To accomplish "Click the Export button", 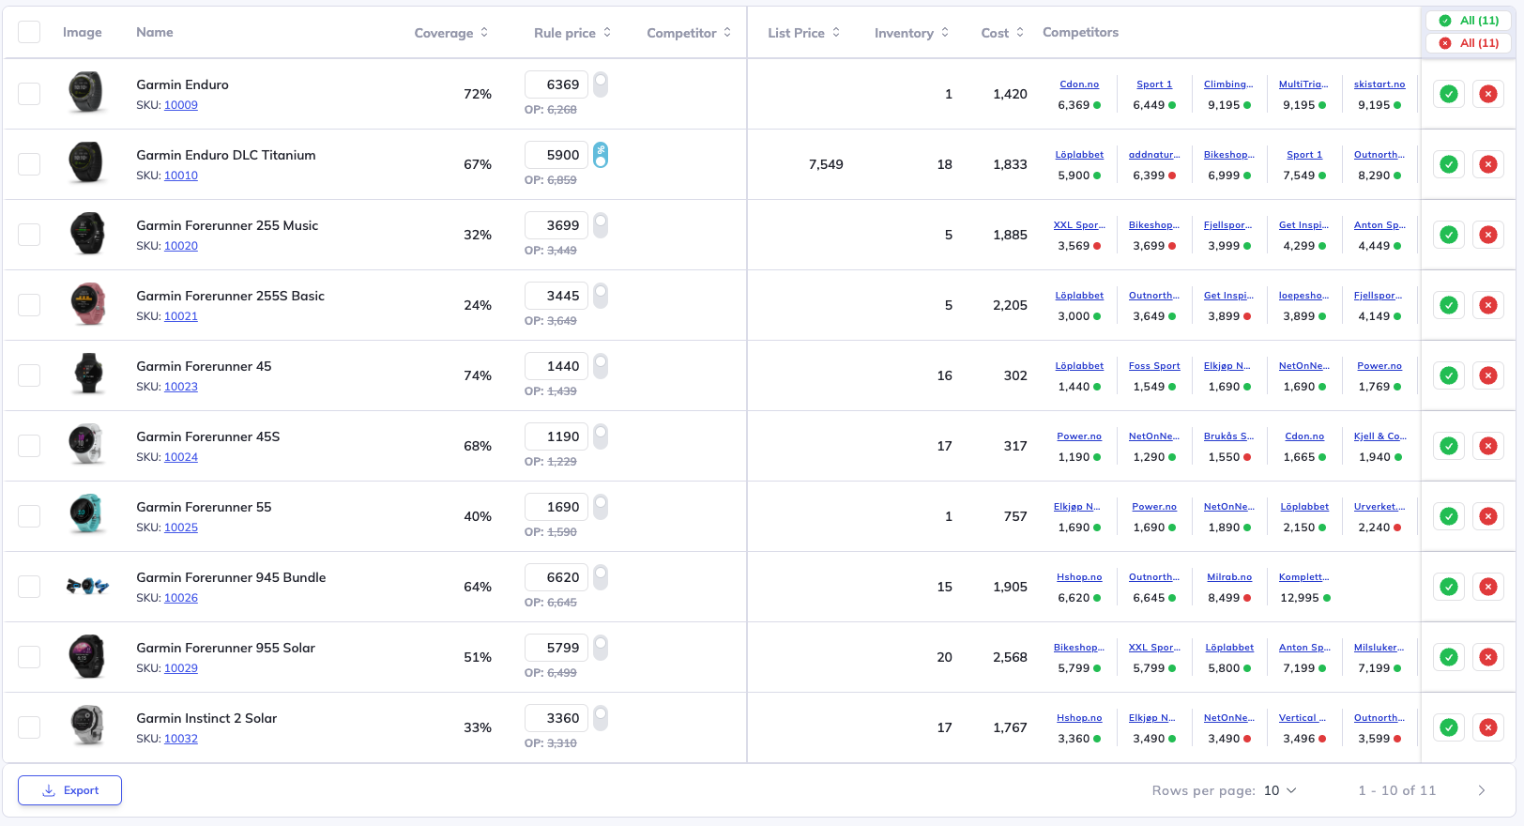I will click(69, 790).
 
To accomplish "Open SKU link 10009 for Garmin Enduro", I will click(180, 105).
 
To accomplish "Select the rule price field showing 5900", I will click(556, 155).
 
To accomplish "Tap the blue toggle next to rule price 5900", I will click(601, 155).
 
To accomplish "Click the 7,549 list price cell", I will click(826, 164).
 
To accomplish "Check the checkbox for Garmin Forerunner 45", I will click(29, 375).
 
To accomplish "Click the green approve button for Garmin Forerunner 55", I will click(1449, 516).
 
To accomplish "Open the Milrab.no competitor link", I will click(1228, 577).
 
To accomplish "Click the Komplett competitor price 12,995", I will click(1300, 598).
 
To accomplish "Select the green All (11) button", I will click(1470, 21).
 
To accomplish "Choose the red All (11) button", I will click(1470, 43).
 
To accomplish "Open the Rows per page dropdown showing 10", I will click(1280, 790).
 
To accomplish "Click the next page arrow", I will click(1482, 790).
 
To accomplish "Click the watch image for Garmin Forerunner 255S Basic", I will click(86, 304).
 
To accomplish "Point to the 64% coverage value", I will click(477, 587).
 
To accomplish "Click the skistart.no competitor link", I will click(1379, 84).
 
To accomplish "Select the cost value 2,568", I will click(1010, 657).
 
